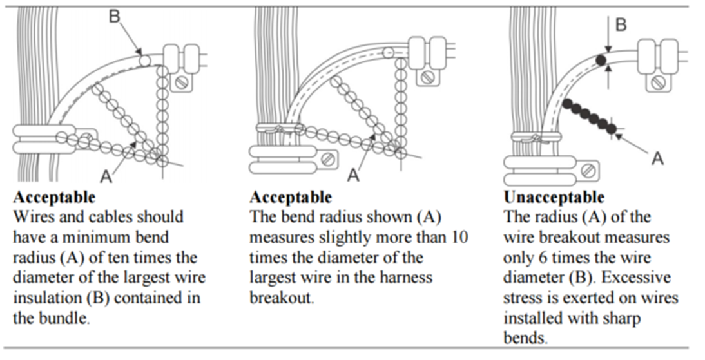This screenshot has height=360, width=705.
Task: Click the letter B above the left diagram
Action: point(115,17)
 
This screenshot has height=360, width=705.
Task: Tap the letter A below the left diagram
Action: point(106,176)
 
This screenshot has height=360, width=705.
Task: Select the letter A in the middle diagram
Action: point(354,175)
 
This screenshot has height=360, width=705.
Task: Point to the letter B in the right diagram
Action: point(621,24)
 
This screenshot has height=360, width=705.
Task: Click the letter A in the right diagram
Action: point(658,158)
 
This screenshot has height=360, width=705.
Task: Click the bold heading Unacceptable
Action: point(554,197)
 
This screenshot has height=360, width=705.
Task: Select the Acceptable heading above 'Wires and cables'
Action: point(54,197)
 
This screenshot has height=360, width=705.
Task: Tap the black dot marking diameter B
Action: point(601,60)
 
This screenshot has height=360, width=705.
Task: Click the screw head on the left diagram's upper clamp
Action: point(182,82)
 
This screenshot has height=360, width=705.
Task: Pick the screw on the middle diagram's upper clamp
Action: point(427,78)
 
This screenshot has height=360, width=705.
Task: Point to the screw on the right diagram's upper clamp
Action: point(658,82)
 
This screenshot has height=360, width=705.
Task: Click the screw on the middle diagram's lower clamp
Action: point(329,158)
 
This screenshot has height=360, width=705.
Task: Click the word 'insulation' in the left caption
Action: point(48,298)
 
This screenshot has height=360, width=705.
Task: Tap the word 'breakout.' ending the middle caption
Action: point(281,298)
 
